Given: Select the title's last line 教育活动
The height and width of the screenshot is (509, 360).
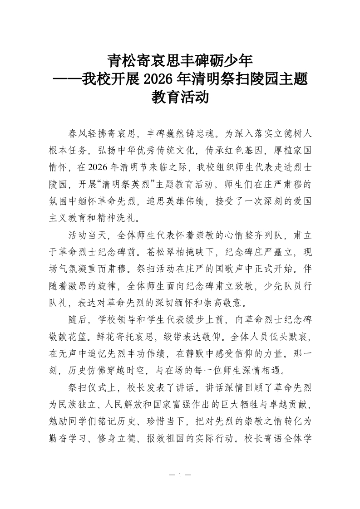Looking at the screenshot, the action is pyautogui.click(x=180, y=98).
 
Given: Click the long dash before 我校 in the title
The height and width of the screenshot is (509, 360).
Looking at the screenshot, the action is pyautogui.click(x=67, y=79).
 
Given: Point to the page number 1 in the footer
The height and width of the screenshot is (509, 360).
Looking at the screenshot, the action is pyautogui.click(x=180, y=475).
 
